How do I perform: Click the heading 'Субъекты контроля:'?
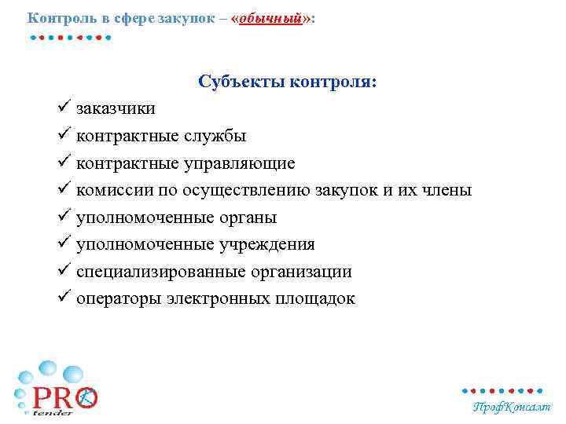pos(288,82)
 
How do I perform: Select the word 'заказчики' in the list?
pos(116,109)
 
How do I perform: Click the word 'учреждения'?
pos(270,245)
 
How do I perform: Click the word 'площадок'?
pos(314,299)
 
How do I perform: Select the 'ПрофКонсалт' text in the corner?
pos(511,407)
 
